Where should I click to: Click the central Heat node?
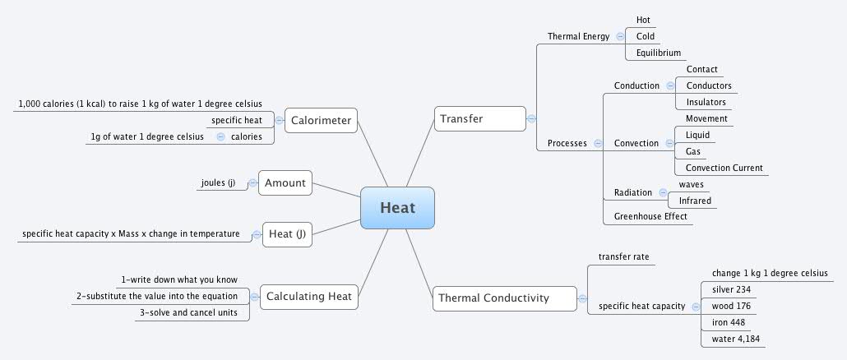tap(397, 207)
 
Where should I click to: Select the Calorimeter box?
tap(321, 121)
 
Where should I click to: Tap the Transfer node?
tap(479, 118)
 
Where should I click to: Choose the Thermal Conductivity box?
tap(504, 298)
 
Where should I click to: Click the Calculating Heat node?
tap(308, 296)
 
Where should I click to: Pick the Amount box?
tap(285, 183)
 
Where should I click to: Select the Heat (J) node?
tap(287, 234)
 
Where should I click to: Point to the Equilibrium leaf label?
tap(659, 53)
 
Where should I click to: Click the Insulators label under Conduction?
tap(706, 102)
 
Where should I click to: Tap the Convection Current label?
tap(724, 168)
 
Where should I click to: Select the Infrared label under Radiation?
tap(695, 201)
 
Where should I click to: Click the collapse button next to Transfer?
tap(532, 118)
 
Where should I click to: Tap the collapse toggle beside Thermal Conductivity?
tap(583, 298)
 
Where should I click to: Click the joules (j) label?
tap(218, 183)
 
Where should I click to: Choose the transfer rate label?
tap(623, 257)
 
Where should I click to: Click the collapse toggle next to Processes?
tap(598, 143)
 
